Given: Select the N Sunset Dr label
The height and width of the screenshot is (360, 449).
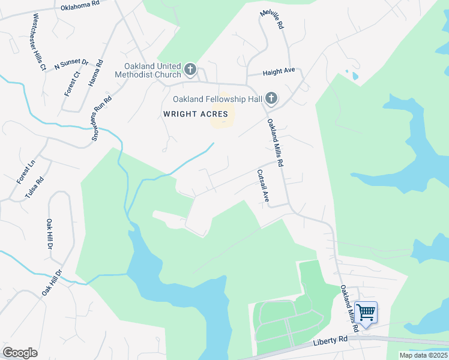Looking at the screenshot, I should (x=71, y=63).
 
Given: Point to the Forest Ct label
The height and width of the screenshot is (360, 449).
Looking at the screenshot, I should (x=72, y=83).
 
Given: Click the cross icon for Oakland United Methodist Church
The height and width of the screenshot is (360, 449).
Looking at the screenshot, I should (x=190, y=70).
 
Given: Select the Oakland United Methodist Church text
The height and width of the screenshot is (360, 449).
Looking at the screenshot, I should (x=152, y=70).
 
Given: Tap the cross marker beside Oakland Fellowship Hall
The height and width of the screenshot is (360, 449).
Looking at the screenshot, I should (x=271, y=98).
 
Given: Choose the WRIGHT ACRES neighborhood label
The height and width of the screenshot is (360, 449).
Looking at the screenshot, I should (x=195, y=113).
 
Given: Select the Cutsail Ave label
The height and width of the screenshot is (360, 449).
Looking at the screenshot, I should (x=262, y=185).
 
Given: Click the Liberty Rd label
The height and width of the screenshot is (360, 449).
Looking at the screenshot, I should (x=330, y=341).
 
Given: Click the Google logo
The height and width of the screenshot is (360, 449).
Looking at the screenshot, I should (x=20, y=353).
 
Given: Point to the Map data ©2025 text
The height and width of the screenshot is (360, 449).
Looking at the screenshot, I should (x=423, y=355).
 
